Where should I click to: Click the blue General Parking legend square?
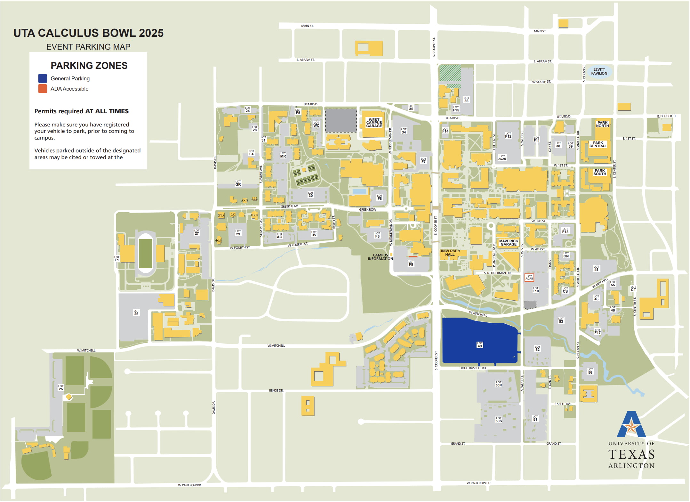pyautogui.click(x=43, y=78)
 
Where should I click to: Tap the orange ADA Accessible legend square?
pyautogui.click(x=43, y=89)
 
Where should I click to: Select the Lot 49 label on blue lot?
pyautogui.click(x=480, y=345)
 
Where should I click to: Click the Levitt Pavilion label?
pyautogui.click(x=599, y=71)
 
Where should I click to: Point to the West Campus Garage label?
pyautogui.click(x=374, y=123)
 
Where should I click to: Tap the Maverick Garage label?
pyautogui.click(x=509, y=243)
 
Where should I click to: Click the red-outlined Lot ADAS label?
pyautogui.click(x=529, y=278)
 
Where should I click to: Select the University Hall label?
pyautogui.click(x=450, y=253)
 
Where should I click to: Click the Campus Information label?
pyautogui.click(x=380, y=257)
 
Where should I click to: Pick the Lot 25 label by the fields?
pyautogui.click(x=61, y=388)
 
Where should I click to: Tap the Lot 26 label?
pyautogui.click(x=136, y=312)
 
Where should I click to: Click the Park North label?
pyautogui.click(x=603, y=124)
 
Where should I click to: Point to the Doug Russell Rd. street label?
pyautogui.click(x=473, y=368)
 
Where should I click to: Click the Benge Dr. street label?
pyautogui.click(x=276, y=391)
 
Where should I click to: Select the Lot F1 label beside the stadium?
pyautogui.click(x=117, y=259)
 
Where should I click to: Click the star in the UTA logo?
pyautogui.click(x=631, y=427)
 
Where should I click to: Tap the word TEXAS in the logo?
pyautogui.click(x=631, y=455)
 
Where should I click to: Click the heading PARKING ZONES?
pyautogui.click(x=89, y=66)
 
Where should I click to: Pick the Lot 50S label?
pyautogui.click(x=499, y=420)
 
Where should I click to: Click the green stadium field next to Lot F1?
pyautogui.click(x=146, y=253)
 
